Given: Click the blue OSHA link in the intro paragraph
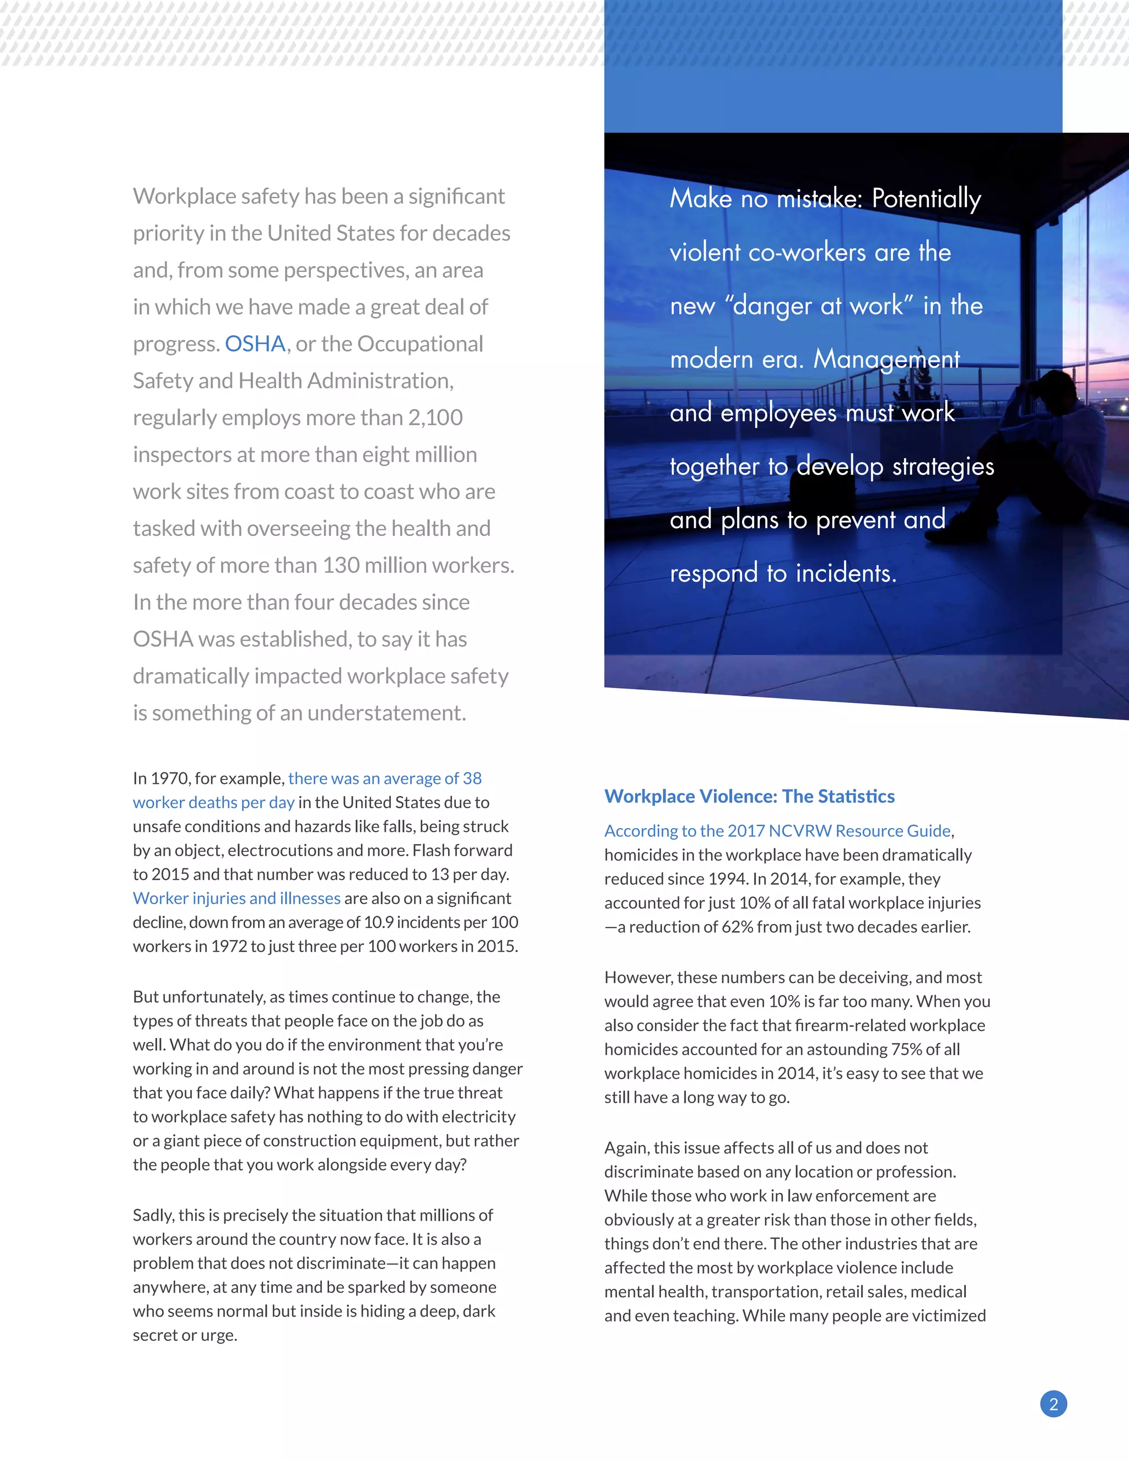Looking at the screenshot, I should coord(255,344).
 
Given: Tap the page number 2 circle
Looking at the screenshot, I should coord(1053,1404).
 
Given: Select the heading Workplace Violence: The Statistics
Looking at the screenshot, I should coord(749,796).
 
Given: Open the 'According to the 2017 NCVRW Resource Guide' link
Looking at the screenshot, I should coord(777,830).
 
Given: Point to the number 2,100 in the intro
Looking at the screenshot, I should coord(436,417).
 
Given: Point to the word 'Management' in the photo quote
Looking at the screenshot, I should coord(886,360).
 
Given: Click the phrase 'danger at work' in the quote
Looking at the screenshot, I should coord(819,307).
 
